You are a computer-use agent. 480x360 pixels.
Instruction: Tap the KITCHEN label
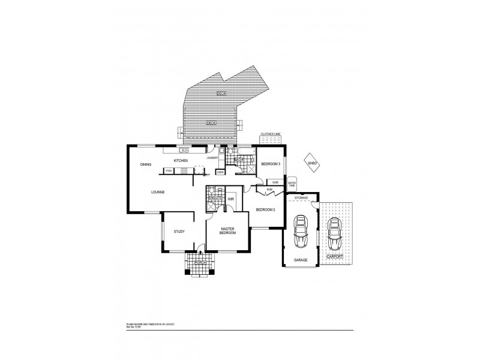[x=181, y=161]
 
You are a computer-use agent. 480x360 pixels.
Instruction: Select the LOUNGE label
[x=157, y=192]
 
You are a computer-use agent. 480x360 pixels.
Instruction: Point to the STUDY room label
[x=179, y=231]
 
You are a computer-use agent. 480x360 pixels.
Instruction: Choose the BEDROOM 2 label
[x=265, y=209]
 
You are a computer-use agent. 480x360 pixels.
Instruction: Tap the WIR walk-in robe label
[x=230, y=198]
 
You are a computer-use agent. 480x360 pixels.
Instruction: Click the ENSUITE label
[x=215, y=197]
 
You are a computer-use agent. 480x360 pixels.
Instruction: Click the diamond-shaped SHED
[x=313, y=163]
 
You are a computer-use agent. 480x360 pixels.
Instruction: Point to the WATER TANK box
[x=292, y=184]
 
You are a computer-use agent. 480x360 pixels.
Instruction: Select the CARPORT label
[x=335, y=257]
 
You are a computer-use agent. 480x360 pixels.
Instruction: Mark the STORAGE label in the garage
[x=301, y=197]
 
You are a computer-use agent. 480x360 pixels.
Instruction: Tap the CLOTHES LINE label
[x=270, y=134]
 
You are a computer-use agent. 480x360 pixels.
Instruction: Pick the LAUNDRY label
[x=212, y=158]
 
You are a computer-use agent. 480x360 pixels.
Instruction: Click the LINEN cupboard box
[x=220, y=172]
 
